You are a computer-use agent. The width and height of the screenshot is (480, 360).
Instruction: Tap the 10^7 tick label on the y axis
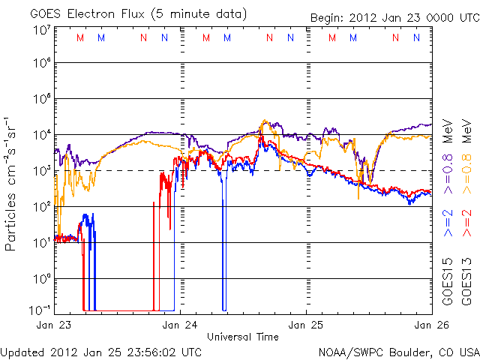[42, 30]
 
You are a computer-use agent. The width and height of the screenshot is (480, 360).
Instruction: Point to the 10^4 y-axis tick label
[42, 135]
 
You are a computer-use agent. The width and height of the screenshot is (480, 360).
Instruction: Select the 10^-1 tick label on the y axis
[42, 309]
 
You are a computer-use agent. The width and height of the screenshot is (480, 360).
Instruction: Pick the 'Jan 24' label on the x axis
[181, 325]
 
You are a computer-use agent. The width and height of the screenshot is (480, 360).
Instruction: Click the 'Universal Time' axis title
[243, 337]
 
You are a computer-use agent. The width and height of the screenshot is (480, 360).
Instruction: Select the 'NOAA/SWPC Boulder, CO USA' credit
[398, 351]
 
